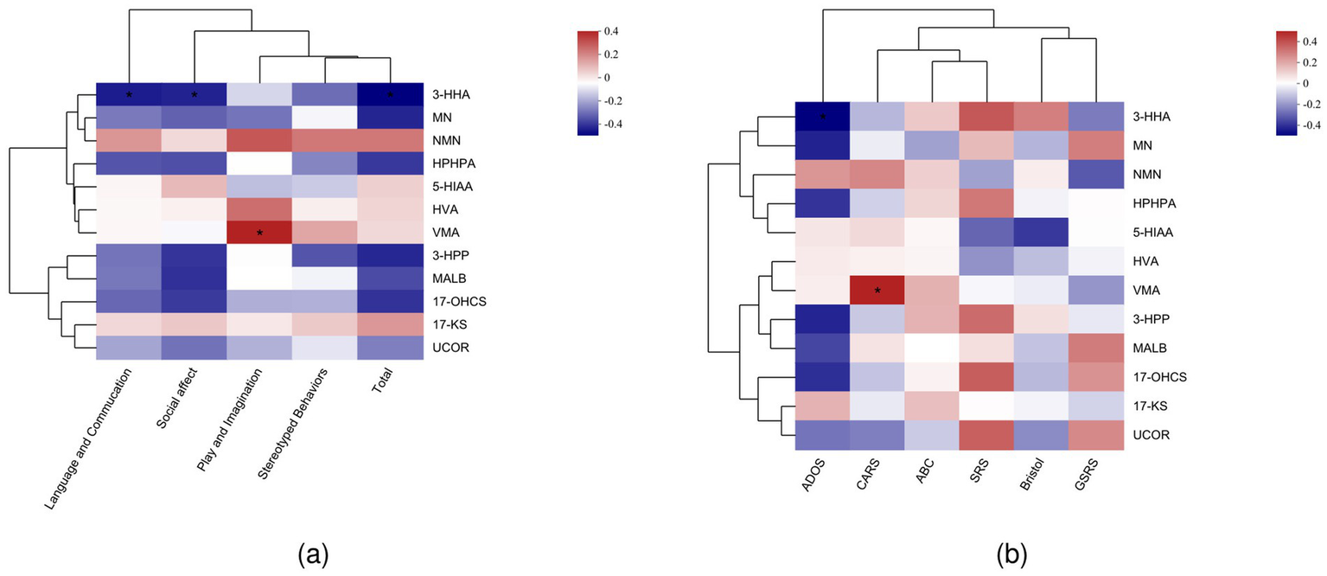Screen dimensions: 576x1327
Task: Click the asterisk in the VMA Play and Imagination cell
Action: pos(259,233)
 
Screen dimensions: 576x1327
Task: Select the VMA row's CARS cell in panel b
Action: pos(878,290)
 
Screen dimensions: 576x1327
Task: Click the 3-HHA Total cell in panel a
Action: pos(390,93)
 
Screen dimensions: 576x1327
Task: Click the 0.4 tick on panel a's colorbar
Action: pos(610,31)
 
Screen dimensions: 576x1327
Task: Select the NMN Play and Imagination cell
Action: pos(259,140)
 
